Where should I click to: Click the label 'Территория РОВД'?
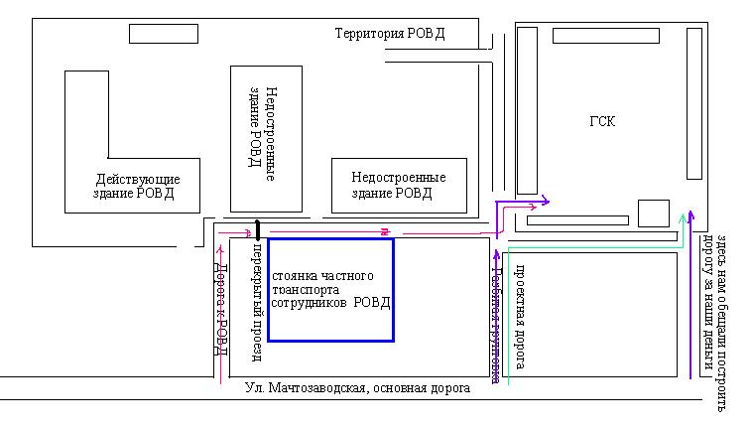(x=390, y=34)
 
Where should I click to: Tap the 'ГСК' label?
(x=602, y=121)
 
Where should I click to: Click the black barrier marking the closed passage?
(x=257, y=230)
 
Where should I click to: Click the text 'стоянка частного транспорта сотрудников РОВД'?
(x=330, y=288)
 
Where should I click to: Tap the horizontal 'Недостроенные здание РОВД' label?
(x=398, y=185)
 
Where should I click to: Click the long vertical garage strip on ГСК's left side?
(x=527, y=110)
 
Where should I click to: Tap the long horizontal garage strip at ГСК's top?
(x=605, y=36)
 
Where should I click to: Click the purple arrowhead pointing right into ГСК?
(x=545, y=203)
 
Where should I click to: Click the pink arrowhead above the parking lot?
(x=383, y=231)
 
